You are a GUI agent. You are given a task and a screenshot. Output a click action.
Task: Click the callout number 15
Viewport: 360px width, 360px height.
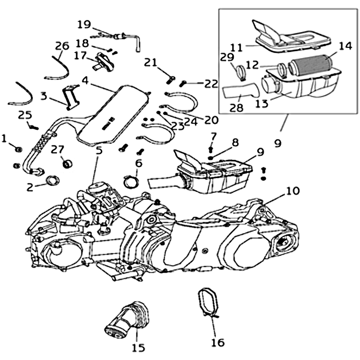138,347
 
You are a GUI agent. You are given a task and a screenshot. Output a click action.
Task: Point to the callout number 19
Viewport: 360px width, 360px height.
84,23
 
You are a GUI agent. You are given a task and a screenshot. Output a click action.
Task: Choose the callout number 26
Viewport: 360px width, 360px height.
62,45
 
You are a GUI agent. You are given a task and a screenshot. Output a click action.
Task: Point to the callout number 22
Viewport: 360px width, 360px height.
211,83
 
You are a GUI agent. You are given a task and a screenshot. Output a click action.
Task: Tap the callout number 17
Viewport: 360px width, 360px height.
80,56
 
